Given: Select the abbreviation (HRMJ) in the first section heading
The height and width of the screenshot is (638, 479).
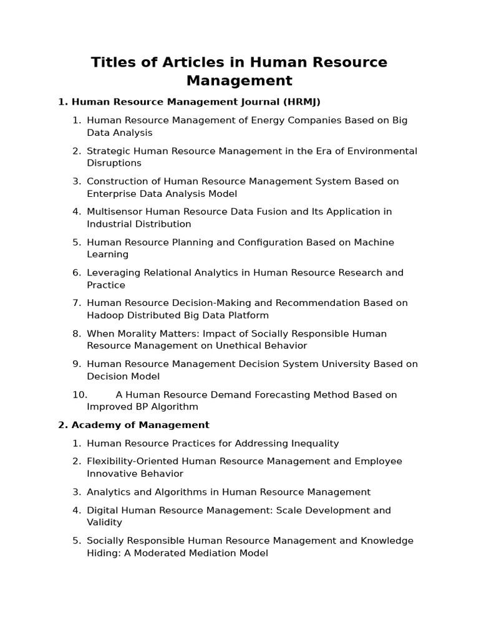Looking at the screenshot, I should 301,102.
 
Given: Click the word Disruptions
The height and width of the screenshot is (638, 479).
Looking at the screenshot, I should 114,163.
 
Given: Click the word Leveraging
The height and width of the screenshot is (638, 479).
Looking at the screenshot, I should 112,273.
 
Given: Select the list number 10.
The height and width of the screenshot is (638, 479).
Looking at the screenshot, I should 79,394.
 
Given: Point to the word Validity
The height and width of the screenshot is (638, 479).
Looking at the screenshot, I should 104,523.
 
